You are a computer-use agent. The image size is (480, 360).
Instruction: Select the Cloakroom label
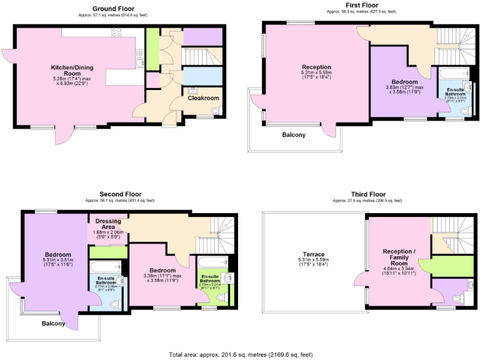tap(204, 98)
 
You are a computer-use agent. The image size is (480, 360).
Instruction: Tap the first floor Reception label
tap(316, 67)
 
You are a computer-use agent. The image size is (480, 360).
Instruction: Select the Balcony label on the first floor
tap(294, 134)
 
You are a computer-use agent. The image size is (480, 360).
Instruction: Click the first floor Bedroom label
tap(404, 82)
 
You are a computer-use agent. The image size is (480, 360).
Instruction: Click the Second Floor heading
tap(119, 194)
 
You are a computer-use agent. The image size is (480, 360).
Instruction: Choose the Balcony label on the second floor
tap(54, 323)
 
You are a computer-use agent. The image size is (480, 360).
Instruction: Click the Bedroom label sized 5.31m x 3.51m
tap(57, 254)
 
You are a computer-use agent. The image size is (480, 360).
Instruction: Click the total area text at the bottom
tap(240, 354)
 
